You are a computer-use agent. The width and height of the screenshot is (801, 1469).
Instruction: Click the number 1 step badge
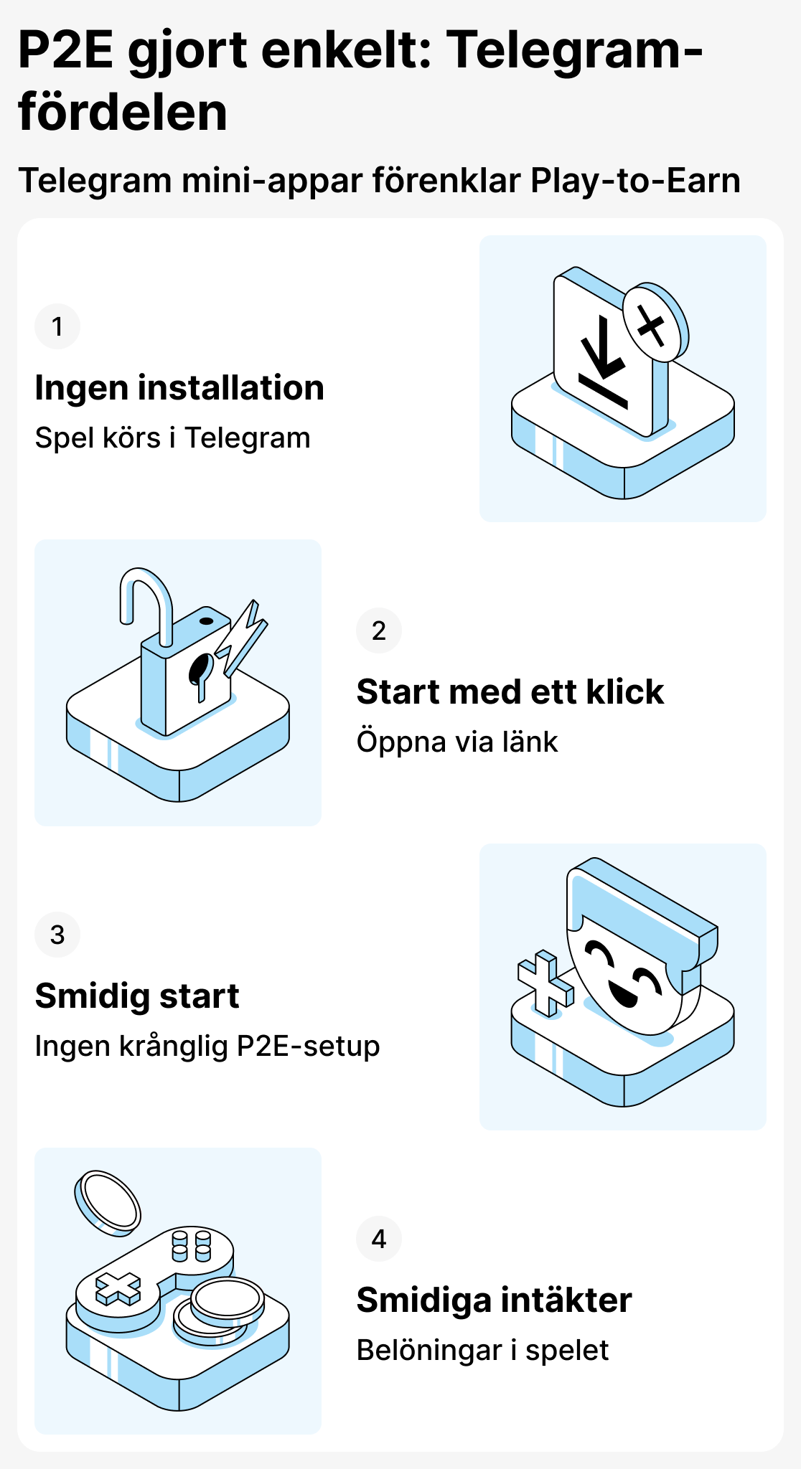pyautogui.click(x=57, y=327)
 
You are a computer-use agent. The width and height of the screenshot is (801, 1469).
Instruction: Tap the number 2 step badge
pyautogui.click(x=379, y=631)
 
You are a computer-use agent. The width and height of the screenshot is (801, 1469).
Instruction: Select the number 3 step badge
pyautogui.click(x=57, y=935)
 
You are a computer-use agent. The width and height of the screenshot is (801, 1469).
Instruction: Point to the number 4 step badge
pyautogui.click(x=379, y=1239)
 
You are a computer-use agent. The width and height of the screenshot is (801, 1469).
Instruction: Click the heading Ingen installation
pyautogui.click(x=179, y=388)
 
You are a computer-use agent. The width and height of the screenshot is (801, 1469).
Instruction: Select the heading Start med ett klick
pyautogui.click(x=510, y=692)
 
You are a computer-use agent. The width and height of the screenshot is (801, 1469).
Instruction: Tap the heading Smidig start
pyautogui.click(x=137, y=996)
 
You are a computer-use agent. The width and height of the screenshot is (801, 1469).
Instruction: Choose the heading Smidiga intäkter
pyautogui.click(x=494, y=1300)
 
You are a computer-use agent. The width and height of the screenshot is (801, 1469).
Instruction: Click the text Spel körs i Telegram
pyautogui.click(x=172, y=438)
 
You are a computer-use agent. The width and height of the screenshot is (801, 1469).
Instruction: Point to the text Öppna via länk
pyautogui.click(x=456, y=742)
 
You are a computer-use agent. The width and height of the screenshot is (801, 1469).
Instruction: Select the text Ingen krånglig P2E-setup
pyautogui.click(x=207, y=1047)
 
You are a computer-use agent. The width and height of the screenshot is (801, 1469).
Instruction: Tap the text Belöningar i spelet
pyautogui.click(x=482, y=1351)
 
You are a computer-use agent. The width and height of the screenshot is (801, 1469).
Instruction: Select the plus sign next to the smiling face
pyautogui.click(x=545, y=983)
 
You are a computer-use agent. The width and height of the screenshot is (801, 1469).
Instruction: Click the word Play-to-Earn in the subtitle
pyautogui.click(x=635, y=181)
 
